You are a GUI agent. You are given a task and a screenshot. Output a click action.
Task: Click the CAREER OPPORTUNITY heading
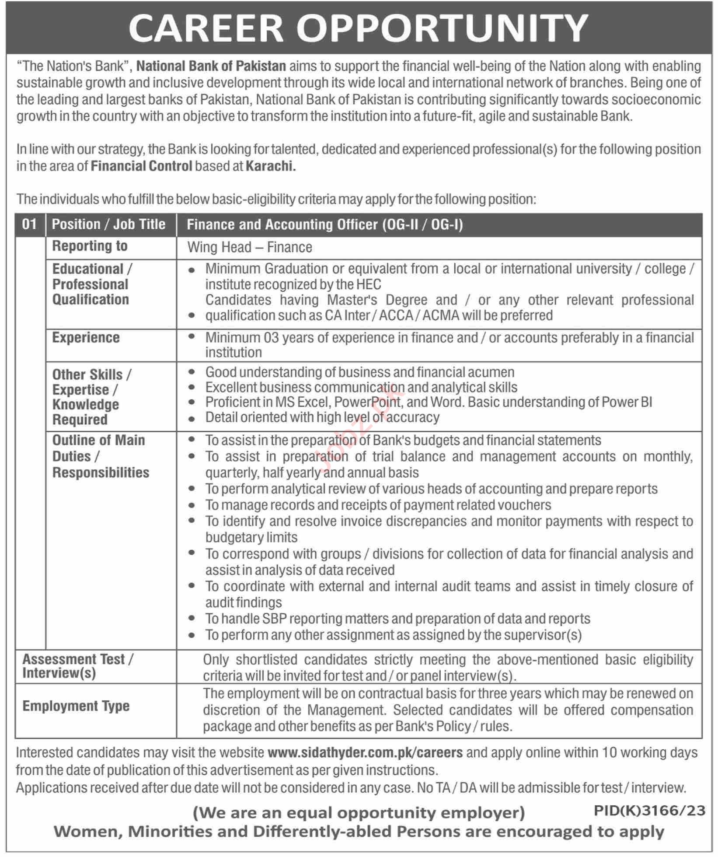click(x=358, y=28)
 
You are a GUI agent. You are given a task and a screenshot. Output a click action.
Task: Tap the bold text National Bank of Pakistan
click(x=211, y=66)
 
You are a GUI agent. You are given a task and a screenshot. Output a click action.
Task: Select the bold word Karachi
click(x=271, y=166)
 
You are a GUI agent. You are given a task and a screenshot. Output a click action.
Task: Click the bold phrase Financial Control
click(x=141, y=166)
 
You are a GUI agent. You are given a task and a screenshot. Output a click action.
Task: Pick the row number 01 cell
click(x=29, y=224)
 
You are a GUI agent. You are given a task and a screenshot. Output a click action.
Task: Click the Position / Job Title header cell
click(x=108, y=224)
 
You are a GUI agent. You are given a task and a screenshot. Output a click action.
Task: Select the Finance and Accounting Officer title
click(x=324, y=225)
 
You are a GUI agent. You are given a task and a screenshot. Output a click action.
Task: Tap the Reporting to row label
click(x=90, y=246)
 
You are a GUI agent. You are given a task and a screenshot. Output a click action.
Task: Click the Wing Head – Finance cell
click(x=250, y=248)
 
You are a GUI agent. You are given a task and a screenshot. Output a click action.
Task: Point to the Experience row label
click(x=86, y=338)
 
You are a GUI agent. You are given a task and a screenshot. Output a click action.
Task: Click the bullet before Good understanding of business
click(x=191, y=372)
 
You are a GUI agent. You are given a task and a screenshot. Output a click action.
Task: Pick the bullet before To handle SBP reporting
click(x=191, y=619)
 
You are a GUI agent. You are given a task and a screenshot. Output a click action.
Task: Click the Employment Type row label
click(x=76, y=706)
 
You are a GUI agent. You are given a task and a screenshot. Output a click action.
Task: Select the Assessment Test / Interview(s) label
click(x=78, y=666)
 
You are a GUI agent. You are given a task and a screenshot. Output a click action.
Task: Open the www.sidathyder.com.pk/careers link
click(x=365, y=752)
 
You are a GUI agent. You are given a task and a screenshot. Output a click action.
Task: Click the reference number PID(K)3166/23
click(x=649, y=811)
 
